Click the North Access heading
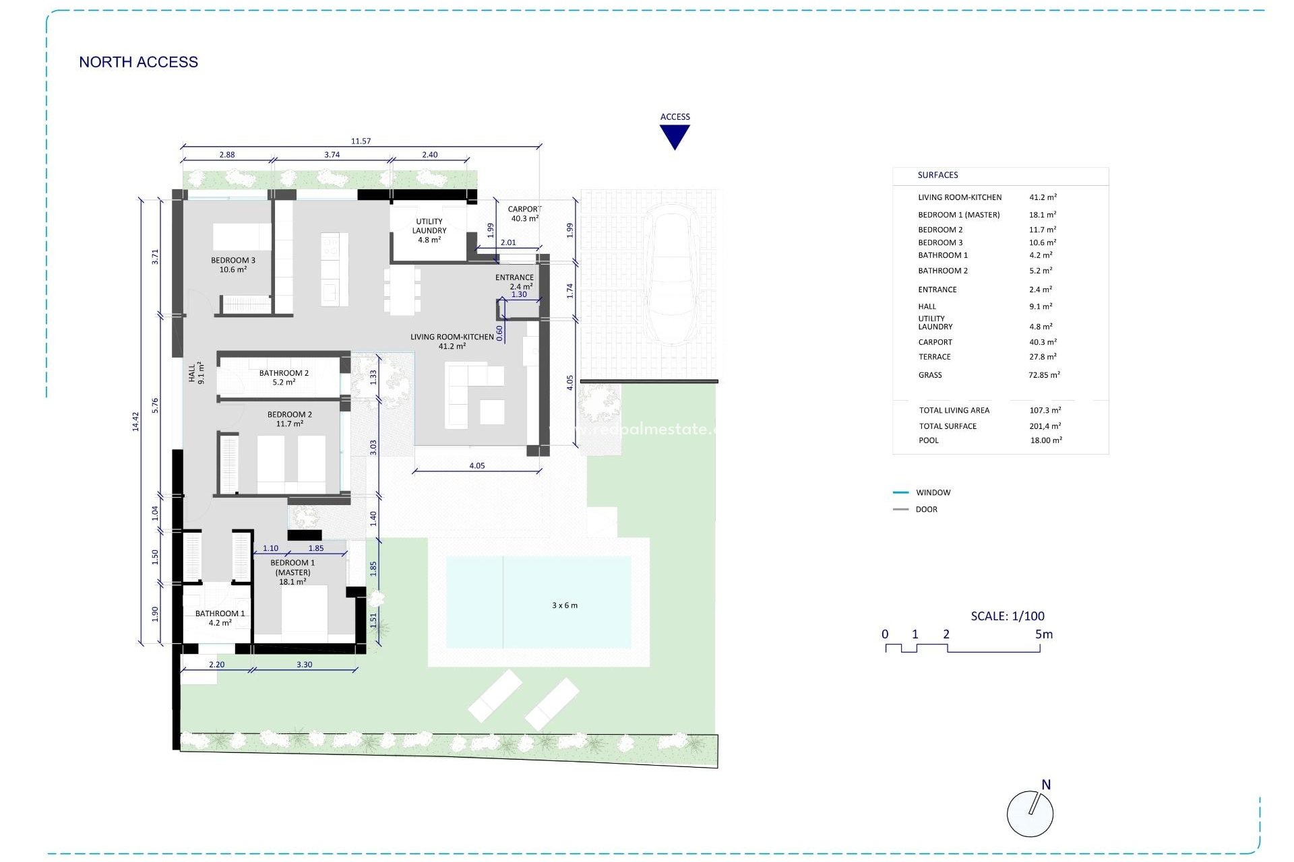tap(138, 62)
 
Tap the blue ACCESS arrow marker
tap(675, 136)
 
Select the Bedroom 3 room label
tap(233, 265)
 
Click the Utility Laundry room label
tap(429, 230)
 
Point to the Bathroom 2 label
tap(284, 377)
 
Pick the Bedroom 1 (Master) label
tap(292, 572)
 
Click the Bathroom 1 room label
tap(220, 618)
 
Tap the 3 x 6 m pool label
tap(564, 605)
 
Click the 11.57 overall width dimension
tap(361, 141)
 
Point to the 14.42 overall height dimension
tap(135, 422)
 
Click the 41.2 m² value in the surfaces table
tap(1043, 197)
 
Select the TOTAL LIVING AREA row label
tap(954, 410)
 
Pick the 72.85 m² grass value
tap(1043, 375)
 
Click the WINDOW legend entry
tap(933, 492)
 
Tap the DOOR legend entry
tap(926, 509)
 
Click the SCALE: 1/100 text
tap(1007, 616)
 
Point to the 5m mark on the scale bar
tap(1043, 634)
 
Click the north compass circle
tap(1029, 814)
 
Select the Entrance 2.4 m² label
tap(514, 281)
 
